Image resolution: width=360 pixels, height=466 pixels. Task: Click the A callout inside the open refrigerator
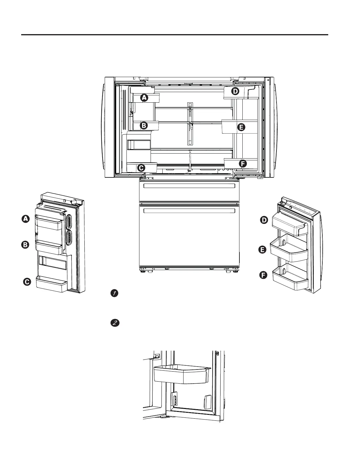[144, 98]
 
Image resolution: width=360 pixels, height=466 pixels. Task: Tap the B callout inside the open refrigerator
[144, 126]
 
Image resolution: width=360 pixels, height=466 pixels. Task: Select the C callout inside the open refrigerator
[141, 168]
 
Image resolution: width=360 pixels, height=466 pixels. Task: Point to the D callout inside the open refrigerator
[235, 91]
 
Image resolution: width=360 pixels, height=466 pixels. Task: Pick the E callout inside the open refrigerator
[241, 127]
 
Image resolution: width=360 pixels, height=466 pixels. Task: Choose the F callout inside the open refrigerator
[242, 164]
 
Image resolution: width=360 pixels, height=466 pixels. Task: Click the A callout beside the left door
[26, 219]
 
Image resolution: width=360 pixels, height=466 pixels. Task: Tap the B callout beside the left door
[26, 245]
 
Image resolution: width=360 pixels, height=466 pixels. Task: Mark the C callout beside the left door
[27, 282]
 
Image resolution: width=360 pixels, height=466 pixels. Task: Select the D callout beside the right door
[264, 220]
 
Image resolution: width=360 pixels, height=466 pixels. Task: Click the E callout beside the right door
[262, 250]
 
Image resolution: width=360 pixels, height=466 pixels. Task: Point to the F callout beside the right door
[263, 275]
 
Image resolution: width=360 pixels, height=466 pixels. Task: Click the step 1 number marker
[115, 293]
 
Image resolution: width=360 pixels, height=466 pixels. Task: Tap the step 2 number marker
[115, 323]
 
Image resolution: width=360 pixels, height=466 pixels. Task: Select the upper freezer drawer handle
[189, 186]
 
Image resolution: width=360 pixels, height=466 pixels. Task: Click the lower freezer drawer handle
[189, 211]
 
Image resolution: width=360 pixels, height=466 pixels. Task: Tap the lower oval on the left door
[70, 237]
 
